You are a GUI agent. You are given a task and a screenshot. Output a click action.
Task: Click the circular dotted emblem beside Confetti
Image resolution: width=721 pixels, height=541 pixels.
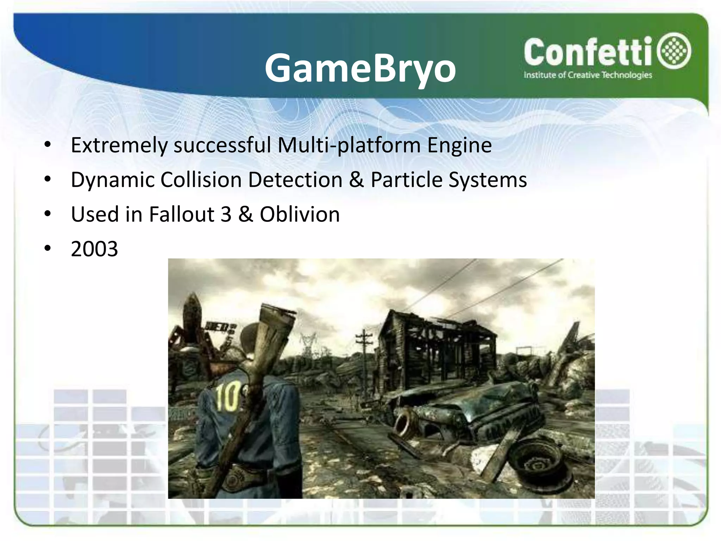(676, 51)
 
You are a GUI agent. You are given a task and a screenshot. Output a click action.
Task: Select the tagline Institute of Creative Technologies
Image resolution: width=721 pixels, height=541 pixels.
(588, 75)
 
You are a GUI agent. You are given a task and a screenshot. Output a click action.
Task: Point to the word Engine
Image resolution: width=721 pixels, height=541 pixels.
(459, 145)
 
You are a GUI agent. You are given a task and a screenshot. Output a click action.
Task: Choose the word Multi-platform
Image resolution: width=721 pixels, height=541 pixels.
(349, 145)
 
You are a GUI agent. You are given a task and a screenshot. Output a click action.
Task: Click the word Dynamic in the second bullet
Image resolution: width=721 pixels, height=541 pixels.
(112, 180)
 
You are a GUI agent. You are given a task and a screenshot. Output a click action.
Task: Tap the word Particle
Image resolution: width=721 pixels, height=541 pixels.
(407, 180)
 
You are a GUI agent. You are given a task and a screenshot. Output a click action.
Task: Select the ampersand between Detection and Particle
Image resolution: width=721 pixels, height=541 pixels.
(356, 180)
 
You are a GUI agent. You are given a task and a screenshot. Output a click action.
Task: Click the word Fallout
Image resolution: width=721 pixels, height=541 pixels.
(182, 214)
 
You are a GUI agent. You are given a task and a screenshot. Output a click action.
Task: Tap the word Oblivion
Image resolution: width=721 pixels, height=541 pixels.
(300, 214)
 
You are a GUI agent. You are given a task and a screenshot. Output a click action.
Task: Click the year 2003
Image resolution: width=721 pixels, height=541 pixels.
(94, 249)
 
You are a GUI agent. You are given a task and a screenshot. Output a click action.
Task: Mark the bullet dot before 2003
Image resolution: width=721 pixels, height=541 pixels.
(48, 248)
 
